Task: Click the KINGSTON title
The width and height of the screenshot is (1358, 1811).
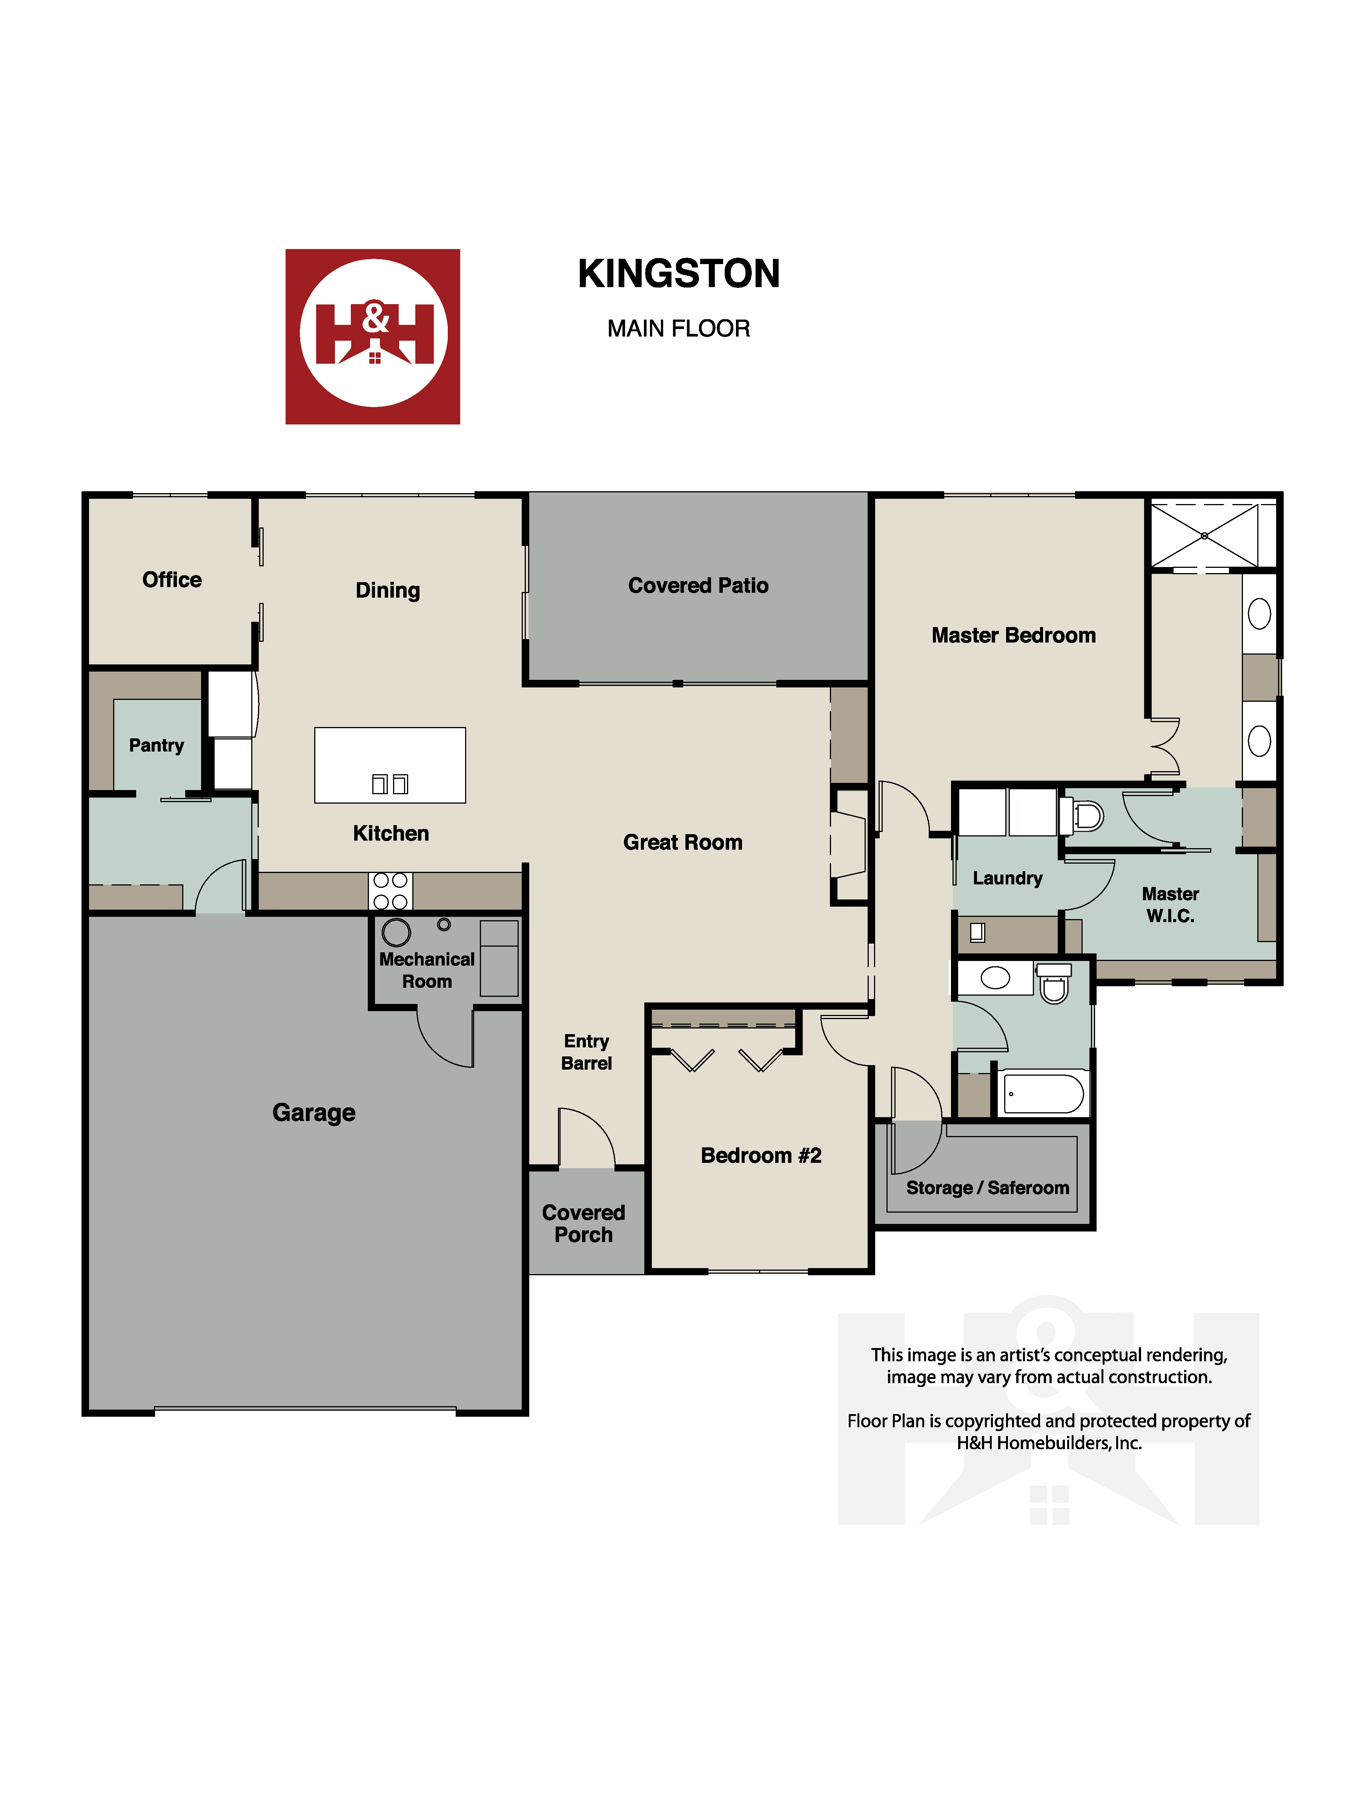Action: pos(679,274)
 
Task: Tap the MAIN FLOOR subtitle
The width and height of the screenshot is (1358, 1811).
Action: pos(679,328)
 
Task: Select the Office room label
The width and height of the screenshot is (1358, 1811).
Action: pos(172,580)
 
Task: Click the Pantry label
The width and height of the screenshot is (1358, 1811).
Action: pos(156,745)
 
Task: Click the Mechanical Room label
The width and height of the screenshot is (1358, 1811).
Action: pos(427,970)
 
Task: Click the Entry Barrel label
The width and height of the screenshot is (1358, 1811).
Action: pos(586,1052)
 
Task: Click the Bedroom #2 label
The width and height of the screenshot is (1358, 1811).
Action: pos(760,1155)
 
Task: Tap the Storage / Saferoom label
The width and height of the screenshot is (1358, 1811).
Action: pos(987,1188)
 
